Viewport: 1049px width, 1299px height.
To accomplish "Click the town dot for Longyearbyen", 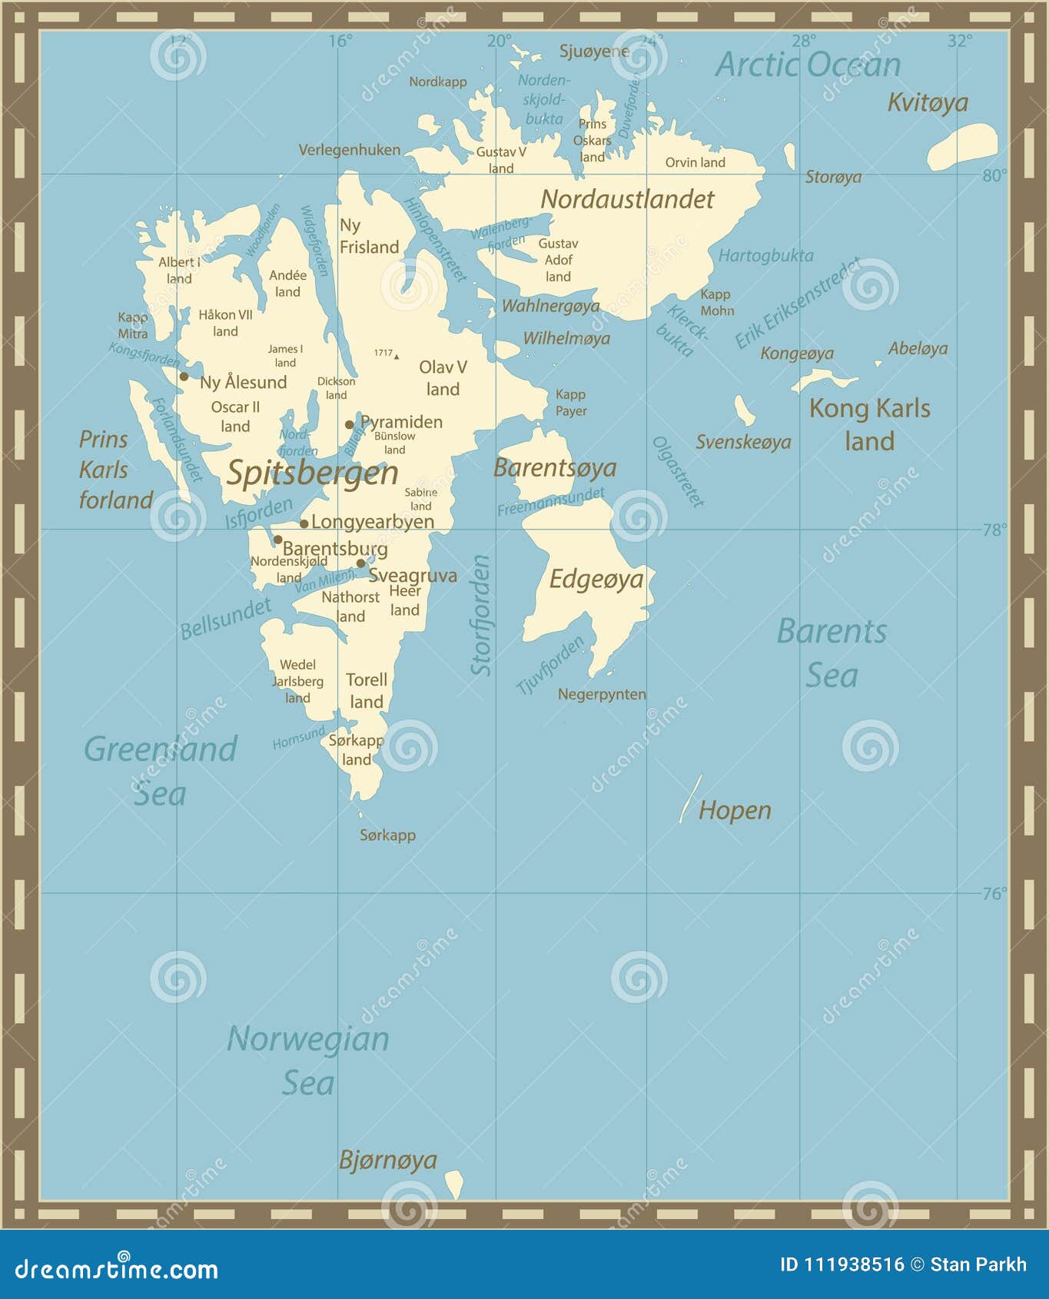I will tap(304, 524).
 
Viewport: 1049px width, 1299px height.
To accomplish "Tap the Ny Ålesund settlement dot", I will tap(184, 377).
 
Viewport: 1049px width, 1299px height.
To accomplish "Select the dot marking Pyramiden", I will tap(349, 424).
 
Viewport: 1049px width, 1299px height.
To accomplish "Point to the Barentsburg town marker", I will tap(277, 540).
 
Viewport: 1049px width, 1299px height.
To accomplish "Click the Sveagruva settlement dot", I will tap(360, 563).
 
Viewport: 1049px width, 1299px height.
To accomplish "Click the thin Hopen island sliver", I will tap(690, 799).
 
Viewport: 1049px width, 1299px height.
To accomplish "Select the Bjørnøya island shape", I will tap(454, 1184).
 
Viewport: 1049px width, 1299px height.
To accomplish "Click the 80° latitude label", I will tap(994, 176).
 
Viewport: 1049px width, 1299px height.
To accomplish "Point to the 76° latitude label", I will tap(994, 893).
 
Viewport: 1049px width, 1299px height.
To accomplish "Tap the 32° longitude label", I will tap(959, 42).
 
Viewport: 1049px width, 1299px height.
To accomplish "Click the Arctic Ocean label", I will tap(808, 65).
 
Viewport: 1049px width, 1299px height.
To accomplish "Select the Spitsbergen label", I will tap(312, 473).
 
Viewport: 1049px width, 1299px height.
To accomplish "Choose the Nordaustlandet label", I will tap(627, 200).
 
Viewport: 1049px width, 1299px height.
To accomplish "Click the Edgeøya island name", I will tap(596, 580).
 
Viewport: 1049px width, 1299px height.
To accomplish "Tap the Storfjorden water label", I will tap(481, 615).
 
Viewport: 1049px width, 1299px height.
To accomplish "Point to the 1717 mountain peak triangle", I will tap(397, 357).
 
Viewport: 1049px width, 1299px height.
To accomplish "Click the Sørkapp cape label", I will tap(387, 836).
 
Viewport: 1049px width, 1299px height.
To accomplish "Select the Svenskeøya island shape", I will tap(743, 410).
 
